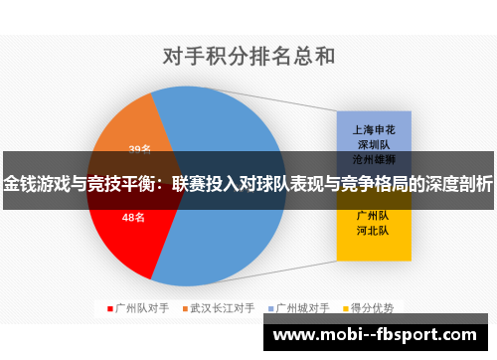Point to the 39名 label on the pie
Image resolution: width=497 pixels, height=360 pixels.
[x=139, y=150]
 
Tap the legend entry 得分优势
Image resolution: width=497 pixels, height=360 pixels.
[x=373, y=307]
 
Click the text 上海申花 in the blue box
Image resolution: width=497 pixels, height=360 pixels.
[x=373, y=129]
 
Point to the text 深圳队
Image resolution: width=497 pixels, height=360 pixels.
[x=373, y=143]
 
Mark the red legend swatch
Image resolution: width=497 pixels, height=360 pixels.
[x=110, y=307]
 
